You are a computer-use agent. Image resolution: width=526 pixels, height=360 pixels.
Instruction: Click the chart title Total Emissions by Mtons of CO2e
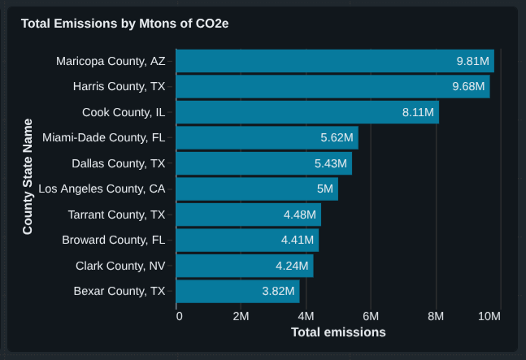(x=124, y=24)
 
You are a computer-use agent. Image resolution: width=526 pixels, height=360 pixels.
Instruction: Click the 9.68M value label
(x=471, y=87)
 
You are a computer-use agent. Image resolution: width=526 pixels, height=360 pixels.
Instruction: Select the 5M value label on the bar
(x=324, y=189)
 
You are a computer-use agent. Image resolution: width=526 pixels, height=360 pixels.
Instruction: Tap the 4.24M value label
(x=292, y=266)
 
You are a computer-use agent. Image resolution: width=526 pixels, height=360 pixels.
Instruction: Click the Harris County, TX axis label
(x=119, y=87)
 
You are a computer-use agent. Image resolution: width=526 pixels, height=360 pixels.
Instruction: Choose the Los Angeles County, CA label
(x=102, y=189)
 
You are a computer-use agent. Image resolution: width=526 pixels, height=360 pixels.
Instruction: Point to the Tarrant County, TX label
(x=117, y=215)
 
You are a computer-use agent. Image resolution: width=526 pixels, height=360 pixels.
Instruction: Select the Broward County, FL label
(x=114, y=240)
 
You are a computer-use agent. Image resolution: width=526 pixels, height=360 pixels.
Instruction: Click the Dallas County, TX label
(x=119, y=163)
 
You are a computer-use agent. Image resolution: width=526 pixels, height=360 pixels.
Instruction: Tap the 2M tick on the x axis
(x=241, y=316)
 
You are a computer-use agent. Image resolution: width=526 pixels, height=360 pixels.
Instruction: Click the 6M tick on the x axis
(x=371, y=316)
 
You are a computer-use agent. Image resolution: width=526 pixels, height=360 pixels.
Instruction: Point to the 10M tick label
(x=489, y=316)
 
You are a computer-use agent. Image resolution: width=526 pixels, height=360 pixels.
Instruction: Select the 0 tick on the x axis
(x=179, y=316)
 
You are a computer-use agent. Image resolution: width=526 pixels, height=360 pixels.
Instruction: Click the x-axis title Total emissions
(x=338, y=332)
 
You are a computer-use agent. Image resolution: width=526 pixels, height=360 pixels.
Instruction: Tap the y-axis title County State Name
(x=28, y=176)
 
